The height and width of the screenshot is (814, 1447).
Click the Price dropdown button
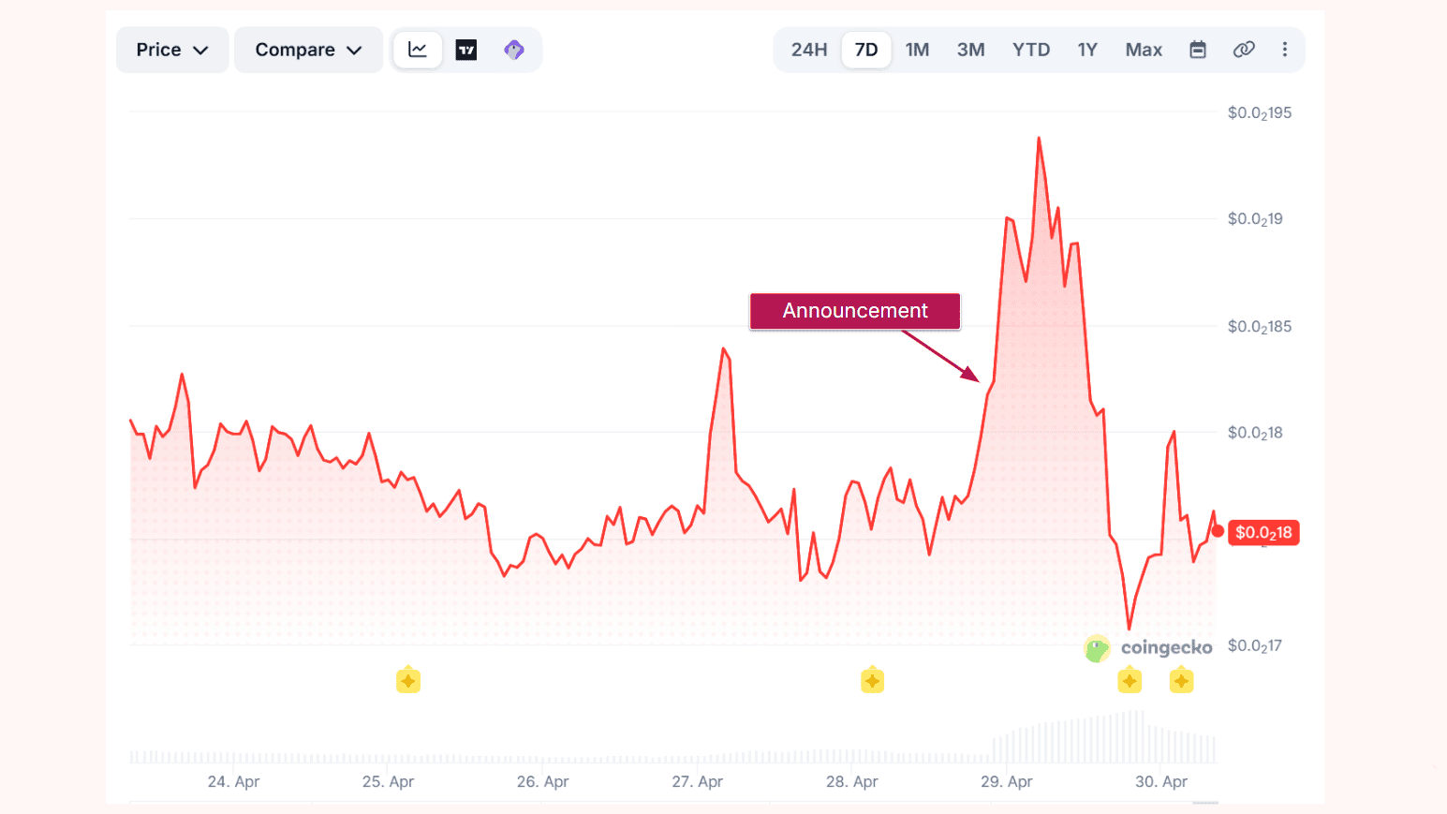(x=172, y=50)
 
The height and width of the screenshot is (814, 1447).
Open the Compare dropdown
(x=308, y=50)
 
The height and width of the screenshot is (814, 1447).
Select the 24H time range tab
(x=808, y=50)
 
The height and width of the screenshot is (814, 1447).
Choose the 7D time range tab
(x=866, y=50)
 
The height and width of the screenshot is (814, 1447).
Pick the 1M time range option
(x=917, y=50)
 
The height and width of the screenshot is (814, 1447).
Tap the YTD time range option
(x=1030, y=50)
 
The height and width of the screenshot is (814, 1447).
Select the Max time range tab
(x=1144, y=50)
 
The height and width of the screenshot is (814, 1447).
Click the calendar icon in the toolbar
(x=1198, y=50)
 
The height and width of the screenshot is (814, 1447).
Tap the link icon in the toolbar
(x=1244, y=50)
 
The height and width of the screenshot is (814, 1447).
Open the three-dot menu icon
(x=1285, y=50)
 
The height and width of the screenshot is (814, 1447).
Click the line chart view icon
(x=418, y=50)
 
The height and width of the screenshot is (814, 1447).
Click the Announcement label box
(x=855, y=311)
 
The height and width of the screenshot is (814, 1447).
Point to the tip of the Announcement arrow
(x=979, y=380)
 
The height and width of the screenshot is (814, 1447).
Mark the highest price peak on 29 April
(x=1039, y=139)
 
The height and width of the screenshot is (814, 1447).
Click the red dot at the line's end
(x=1218, y=531)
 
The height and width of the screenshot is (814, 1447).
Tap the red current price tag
(x=1263, y=532)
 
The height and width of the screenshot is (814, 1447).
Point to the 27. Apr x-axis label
(x=697, y=781)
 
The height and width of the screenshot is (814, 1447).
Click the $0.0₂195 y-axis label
(x=1260, y=113)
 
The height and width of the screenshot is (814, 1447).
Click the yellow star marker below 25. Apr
(x=408, y=680)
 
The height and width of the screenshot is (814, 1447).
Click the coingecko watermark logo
(x=1148, y=647)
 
